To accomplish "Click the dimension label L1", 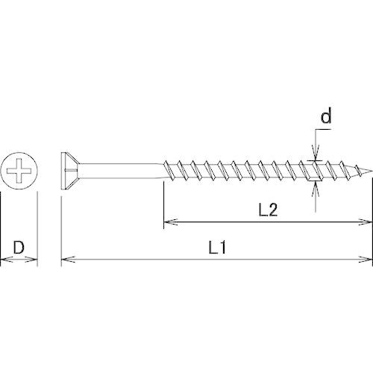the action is [x=217, y=247].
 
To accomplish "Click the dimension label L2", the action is [x=268, y=210].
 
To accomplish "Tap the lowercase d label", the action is [x=326, y=116].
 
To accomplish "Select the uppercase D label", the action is [x=19, y=247].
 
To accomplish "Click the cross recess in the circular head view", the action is [x=19, y=171].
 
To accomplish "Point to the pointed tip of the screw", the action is [x=372, y=171].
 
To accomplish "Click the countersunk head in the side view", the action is [x=70, y=171].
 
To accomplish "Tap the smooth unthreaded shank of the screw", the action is [x=121, y=171].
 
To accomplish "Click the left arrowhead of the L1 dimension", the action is [x=68, y=260].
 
